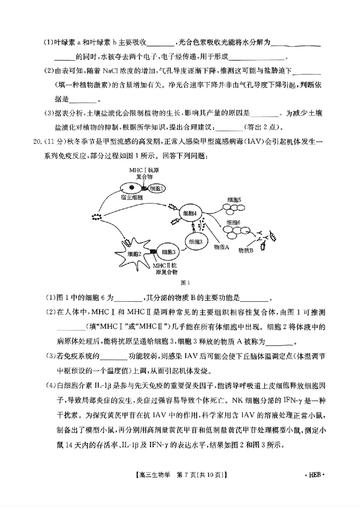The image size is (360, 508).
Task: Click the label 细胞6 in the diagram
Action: pos(234,223)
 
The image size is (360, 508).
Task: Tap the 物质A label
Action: pos(222,247)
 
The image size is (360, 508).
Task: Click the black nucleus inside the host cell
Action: pos(131,187)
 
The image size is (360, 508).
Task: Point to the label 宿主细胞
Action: pos(131,197)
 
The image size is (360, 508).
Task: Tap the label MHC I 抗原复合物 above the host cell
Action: pos(144,173)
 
